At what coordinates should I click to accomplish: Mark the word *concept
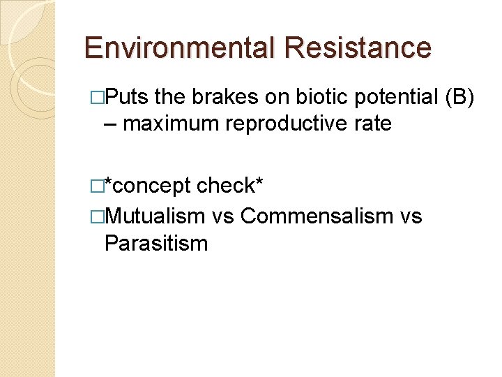147,186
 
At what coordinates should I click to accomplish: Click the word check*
229,186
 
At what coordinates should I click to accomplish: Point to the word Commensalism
317,216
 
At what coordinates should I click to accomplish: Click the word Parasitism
155,243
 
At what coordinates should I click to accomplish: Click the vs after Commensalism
411,216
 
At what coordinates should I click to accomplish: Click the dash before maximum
109,125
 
